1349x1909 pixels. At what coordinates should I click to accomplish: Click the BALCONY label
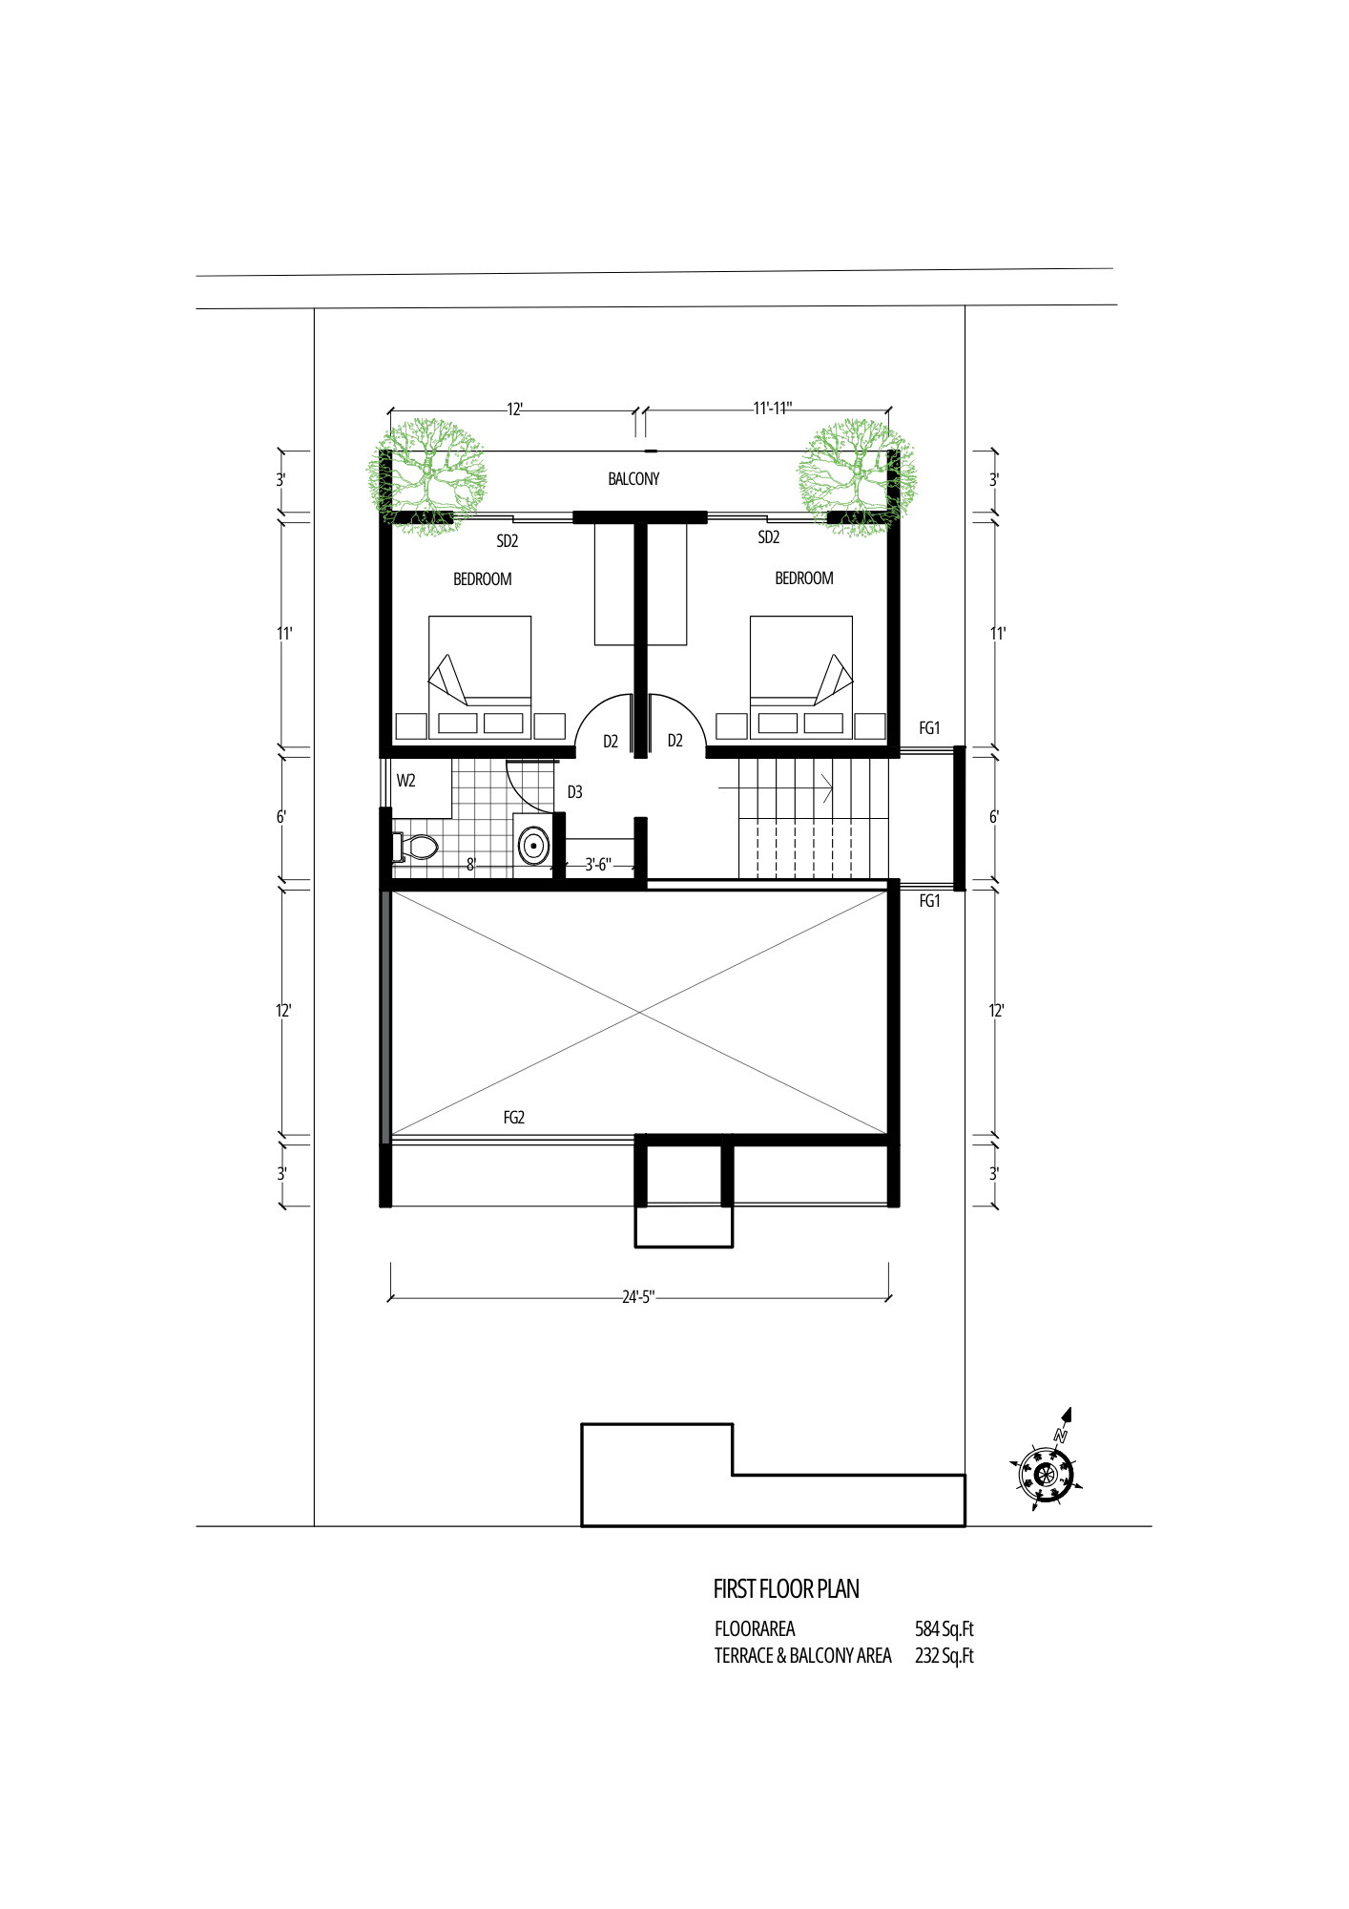(633, 479)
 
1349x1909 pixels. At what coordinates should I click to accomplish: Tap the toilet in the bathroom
(415, 847)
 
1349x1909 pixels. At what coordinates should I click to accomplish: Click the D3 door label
(574, 792)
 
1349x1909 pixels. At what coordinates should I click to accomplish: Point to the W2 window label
(405, 781)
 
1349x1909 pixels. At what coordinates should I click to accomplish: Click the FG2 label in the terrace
(514, 1118)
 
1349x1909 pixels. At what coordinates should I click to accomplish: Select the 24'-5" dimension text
(638, 1297)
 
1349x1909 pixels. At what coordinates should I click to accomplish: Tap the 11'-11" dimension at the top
(772, 409)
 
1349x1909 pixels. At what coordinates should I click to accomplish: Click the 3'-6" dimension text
(598, 865)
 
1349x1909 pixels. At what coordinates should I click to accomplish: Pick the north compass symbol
(1048, 1471)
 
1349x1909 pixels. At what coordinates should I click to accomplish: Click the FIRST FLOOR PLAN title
(786, 1589)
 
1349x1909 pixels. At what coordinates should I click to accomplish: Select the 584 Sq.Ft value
(944, 1629)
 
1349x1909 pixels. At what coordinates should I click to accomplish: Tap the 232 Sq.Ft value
(944, 1656)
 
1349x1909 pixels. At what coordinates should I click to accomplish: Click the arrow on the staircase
(777, 788)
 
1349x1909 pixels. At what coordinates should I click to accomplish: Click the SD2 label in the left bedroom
(508, 541)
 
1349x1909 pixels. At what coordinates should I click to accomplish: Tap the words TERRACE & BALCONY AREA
(803, 1656)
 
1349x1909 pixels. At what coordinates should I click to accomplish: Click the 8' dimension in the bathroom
(470, 865)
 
